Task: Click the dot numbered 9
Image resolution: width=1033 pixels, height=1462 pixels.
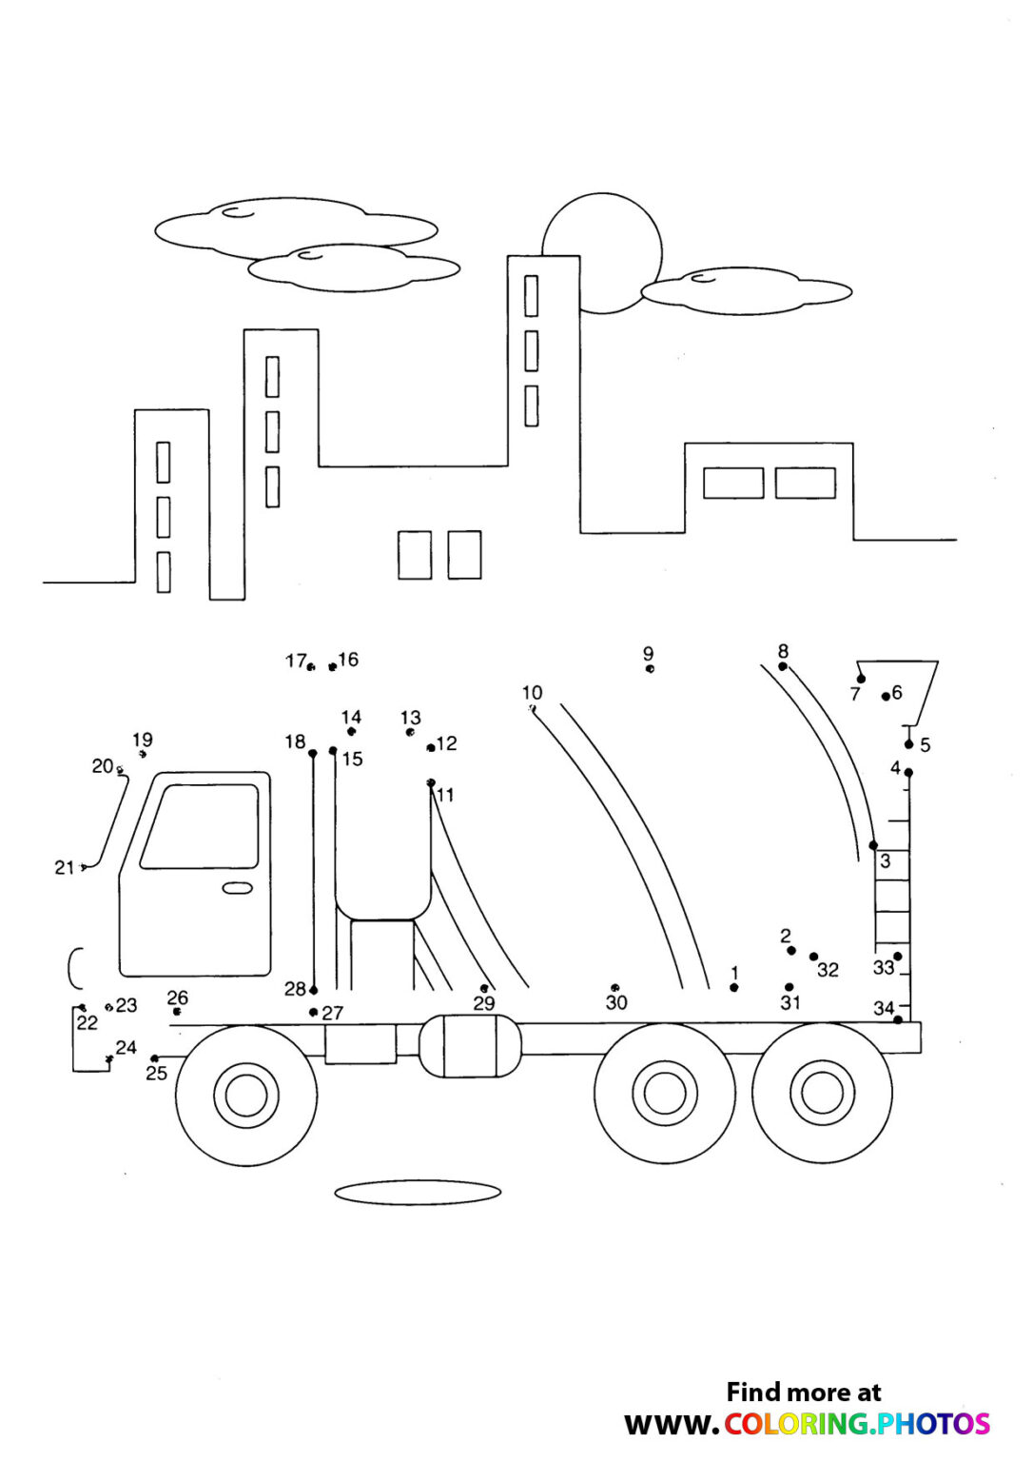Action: point(650,669)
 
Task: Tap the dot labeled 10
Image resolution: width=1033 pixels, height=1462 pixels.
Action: point(532,708)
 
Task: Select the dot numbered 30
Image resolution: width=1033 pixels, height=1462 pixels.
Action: point(615,988)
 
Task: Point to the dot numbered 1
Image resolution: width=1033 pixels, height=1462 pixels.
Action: point(734,988)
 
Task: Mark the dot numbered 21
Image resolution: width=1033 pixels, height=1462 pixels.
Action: point(85,866)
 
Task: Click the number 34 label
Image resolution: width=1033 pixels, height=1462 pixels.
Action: point(883,1008)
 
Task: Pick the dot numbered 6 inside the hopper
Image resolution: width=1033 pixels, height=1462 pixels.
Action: point(886,697)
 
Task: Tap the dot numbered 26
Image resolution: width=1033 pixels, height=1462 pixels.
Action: point(177,1011)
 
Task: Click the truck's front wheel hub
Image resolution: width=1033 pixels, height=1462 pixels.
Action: point(246,1095)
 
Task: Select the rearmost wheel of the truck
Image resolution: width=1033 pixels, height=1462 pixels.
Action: point(822,1093)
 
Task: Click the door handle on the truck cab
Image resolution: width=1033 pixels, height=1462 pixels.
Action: point(237,888)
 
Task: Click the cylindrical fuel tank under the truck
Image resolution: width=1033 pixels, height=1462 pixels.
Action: point(470,1045)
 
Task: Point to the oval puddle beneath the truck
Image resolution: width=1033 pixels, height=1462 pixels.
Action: point(418,1193)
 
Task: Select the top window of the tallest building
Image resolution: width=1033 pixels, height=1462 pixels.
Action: point(531,296)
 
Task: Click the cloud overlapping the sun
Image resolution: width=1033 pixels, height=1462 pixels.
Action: point(746,291)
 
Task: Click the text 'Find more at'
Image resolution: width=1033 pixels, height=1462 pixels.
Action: point(804,1392)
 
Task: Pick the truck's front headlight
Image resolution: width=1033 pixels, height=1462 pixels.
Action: point(75,968)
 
